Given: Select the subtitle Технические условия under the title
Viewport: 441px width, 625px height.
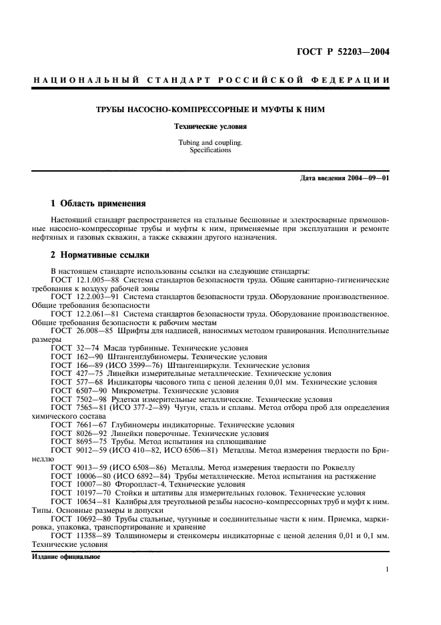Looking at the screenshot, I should click(220, 126).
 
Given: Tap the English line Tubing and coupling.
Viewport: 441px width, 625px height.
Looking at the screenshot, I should click(220, 143).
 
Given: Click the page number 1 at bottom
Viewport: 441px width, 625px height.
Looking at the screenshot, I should click(388, 570).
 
